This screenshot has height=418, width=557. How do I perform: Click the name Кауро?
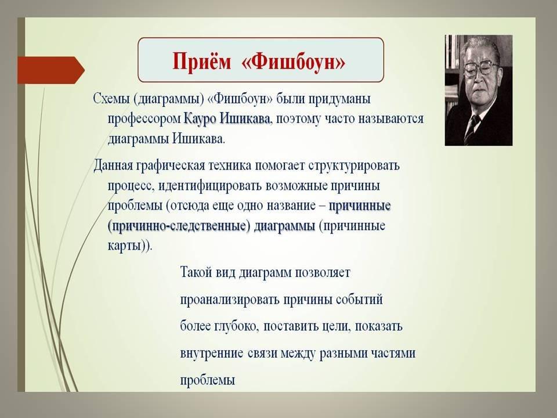(x=200, y=119)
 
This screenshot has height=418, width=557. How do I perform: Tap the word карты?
(x=124, y=246)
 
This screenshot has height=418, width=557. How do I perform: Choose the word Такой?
(x=196, y=273)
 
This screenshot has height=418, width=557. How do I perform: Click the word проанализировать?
(x=230, y=300)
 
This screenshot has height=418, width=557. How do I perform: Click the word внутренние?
(x=212, y=354)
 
